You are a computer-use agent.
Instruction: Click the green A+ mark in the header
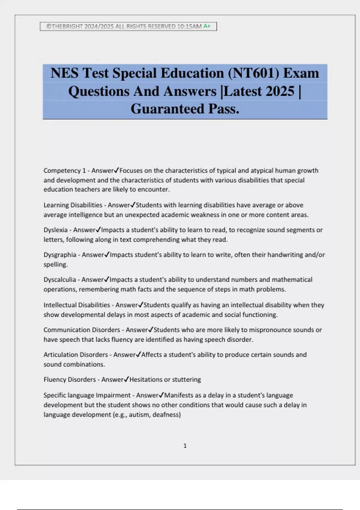[207, 26]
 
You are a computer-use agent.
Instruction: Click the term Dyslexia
[55, 230]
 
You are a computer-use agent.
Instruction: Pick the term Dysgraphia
[60, 255]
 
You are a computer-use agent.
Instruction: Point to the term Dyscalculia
[60, 280]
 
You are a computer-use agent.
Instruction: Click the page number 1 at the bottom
[185, 446]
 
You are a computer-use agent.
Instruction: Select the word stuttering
[186, 379]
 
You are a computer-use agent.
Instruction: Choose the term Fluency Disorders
[70, 379]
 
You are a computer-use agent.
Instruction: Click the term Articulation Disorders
[76, 355]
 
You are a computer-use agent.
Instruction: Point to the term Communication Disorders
[82, 330]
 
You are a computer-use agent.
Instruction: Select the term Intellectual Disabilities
[77, 305]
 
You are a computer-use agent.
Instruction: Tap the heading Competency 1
[64, 171]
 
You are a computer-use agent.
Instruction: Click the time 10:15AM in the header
[189, 26]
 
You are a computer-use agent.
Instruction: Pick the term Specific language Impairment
[87, 395]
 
